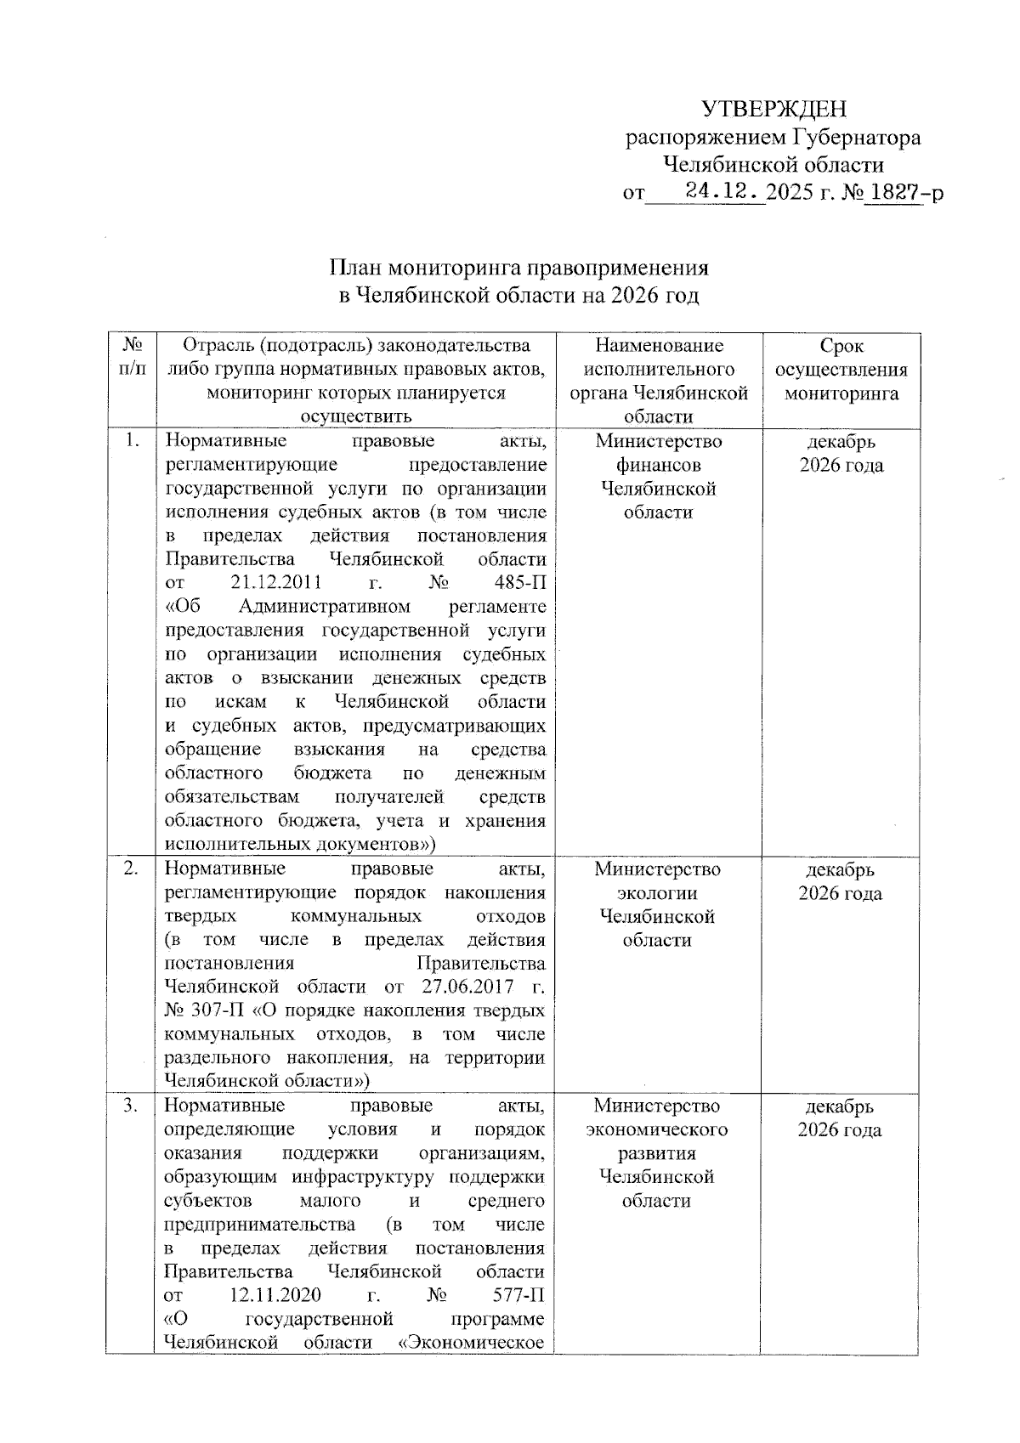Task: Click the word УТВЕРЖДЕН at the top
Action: point(773,109)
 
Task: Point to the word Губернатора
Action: point(857,137)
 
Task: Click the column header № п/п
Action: point(131,358)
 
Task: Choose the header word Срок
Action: point(841,346)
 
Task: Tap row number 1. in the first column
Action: point(131,440)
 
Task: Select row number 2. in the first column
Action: point(131,869)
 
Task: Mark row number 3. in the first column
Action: point(131,1106)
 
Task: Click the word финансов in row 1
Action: point(659,465)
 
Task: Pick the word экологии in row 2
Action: point(657,893)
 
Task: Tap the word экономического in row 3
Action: point(657,1130)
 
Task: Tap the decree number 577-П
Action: point(518,1296)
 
